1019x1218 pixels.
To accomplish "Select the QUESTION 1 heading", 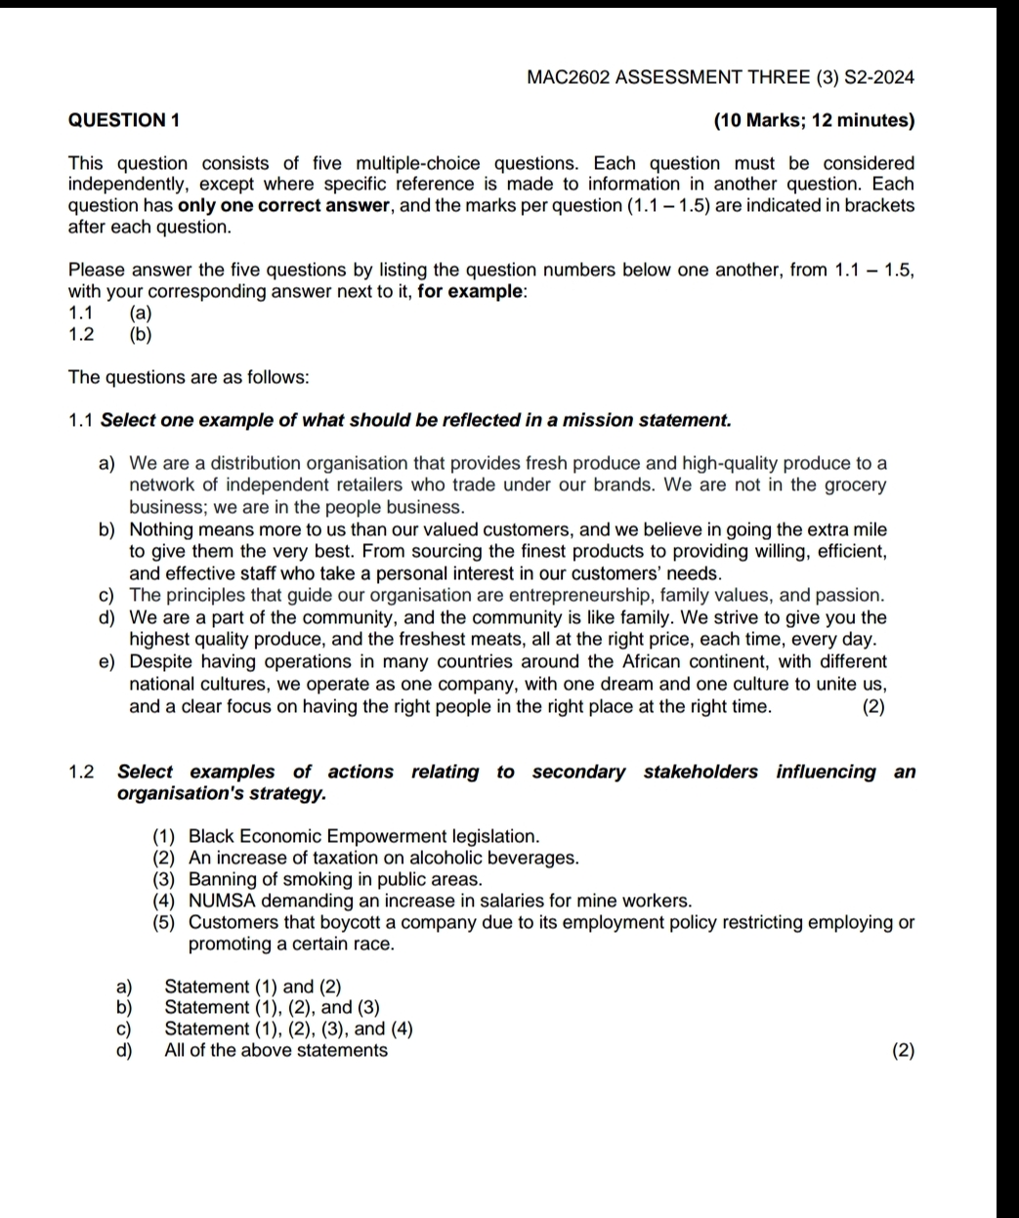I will coord(124,121).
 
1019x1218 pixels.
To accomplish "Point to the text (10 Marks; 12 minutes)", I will coord(815,121).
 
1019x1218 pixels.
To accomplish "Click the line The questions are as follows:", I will coord(189,377).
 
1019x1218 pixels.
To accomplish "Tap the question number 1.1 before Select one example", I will coord(81,421).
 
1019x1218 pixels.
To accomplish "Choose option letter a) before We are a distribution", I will coord(106,463).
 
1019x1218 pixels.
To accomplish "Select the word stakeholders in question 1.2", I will coord(700,773).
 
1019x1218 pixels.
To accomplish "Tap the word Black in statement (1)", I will coord(210,837).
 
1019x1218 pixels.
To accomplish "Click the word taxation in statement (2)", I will coord(347,859).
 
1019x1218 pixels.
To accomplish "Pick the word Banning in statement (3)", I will coord(223,880).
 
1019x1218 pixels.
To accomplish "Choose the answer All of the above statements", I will coord(276,1051).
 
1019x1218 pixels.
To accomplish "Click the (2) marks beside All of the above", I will coord(904,1052).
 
